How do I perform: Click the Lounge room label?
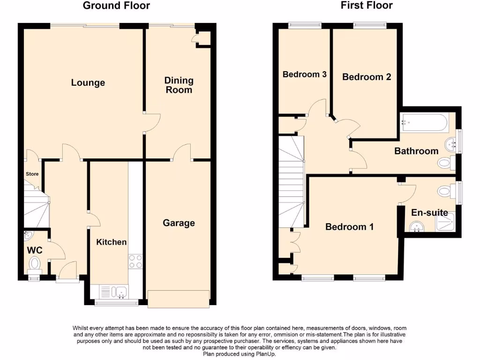(88, 83)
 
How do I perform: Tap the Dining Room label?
(179, 85)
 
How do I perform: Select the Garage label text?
(179, 223)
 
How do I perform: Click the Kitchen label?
(111, 242)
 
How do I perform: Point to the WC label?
(34, 250)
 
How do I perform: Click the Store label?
(32, 174)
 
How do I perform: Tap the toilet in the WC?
(35, 263)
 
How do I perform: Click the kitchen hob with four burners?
(135, 261)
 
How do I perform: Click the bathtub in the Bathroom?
(424, 122)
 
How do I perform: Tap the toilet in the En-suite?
(445, 191)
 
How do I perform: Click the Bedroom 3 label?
(304, 74)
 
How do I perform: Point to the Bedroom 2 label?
(367, 77)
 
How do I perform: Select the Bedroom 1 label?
(349, 227)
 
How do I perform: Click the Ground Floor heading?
(116, 6)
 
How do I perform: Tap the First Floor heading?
(367, 6)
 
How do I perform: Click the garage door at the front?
(178, 299)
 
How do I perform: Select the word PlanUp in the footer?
(267, 354)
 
